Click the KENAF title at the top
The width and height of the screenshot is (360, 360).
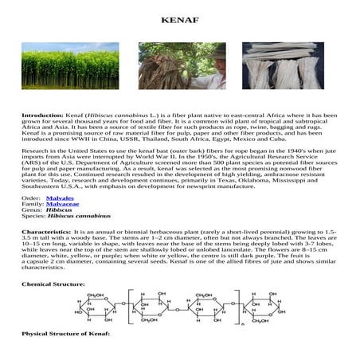[x=179, y=18]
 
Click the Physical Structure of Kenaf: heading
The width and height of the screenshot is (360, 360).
[x=63, y=351]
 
